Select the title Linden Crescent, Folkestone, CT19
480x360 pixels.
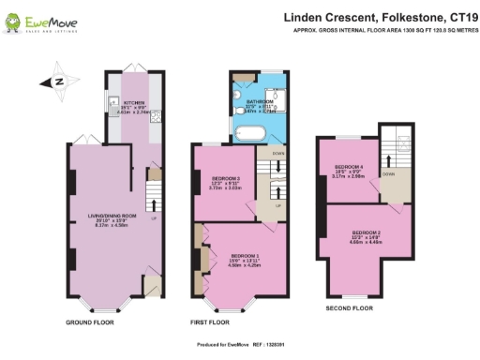coord(374,16)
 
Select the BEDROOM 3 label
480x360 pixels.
coord(225,180)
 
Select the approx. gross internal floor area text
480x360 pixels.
coord(383,30)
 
